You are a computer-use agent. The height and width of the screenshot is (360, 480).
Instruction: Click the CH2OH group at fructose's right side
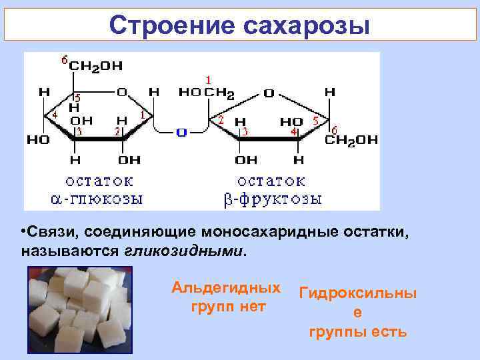[351, 140]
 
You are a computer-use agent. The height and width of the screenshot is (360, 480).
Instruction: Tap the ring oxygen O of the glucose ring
[122, 92]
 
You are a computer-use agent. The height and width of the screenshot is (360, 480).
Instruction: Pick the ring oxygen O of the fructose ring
[268, 93]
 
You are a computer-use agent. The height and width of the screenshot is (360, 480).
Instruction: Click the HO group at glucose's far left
[37, 141]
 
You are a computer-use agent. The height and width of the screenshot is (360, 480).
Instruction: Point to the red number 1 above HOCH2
[208, 79]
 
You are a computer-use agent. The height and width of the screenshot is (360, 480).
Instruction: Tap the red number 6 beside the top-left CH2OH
[64, 60]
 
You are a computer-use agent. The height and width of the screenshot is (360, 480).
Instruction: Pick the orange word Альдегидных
[225, 288]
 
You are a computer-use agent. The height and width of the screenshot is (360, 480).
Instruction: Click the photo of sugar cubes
[79, 309]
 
